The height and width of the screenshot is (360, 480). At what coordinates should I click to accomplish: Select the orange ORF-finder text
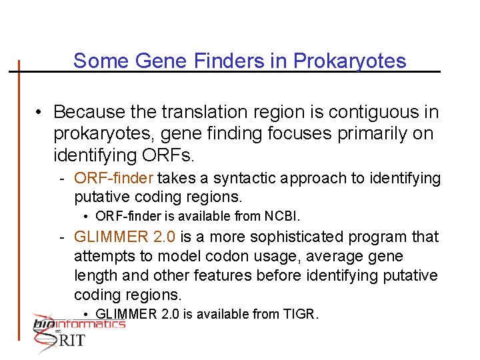pyautogui.click(x=114, y=178)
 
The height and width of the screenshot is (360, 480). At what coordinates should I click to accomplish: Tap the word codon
pyautogui.click(x=231, y=256)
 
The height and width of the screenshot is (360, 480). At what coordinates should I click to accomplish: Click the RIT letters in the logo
pyautogui.click(x=71, y=341)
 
